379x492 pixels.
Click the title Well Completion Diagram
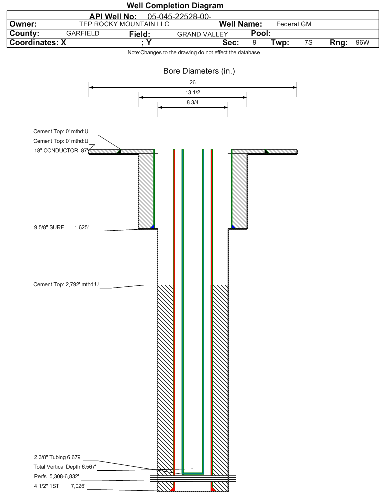(175, 5)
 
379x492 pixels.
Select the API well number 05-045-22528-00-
(179, 16)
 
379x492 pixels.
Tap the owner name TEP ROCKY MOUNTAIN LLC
(124, 24)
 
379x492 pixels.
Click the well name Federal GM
(294, 24)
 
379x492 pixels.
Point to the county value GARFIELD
(83, 33)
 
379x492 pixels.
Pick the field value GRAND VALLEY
(203, 34)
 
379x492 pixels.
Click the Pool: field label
(261, 33)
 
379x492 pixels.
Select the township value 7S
(309, 43)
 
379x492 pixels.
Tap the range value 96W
(363, 43)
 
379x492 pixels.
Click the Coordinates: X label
(38, 43)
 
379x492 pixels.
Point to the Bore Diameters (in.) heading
(199, 71)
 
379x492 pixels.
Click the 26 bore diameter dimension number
(192, 82)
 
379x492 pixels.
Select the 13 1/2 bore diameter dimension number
(192, 93)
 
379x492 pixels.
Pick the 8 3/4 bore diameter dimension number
(192, 103)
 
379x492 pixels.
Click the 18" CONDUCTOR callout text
(56, 151)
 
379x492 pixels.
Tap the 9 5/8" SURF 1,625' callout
(61, 227)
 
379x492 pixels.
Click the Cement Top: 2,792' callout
(66, 284)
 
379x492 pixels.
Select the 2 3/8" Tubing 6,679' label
(58, 457)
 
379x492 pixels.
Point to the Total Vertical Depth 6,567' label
(65, 467)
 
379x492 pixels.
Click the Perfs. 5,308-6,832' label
(57, 477)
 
